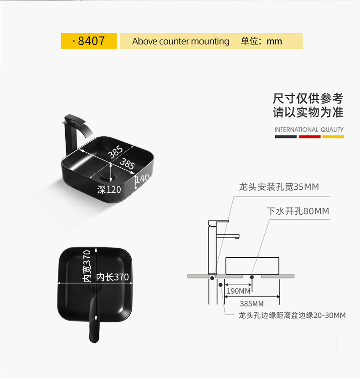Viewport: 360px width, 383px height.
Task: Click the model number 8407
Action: [91, 41]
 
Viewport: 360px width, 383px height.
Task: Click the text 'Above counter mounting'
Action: [180, 41]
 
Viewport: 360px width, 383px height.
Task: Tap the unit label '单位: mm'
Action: [261, 41]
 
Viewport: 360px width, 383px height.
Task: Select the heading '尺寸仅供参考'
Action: [308, 98]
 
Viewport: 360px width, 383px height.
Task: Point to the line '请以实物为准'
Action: [308, 112]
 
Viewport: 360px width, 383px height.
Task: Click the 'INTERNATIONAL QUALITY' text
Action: [309, 129]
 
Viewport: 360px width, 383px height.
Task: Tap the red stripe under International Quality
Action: [309, 136]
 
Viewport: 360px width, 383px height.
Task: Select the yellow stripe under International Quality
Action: [333, 136]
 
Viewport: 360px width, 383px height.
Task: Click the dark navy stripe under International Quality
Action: [286, 136]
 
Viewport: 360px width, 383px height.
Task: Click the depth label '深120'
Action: [109, 190]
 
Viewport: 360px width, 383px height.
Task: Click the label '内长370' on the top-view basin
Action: [113, 277]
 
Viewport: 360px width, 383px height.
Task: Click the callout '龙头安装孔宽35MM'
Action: [279, 187]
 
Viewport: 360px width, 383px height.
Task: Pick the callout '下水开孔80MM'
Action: [298, 211]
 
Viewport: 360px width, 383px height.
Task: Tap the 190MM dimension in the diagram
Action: [238, 291]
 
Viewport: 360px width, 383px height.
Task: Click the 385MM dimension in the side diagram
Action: [252, 303]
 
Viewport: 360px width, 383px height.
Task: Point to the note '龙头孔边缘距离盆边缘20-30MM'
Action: [292, 315]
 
